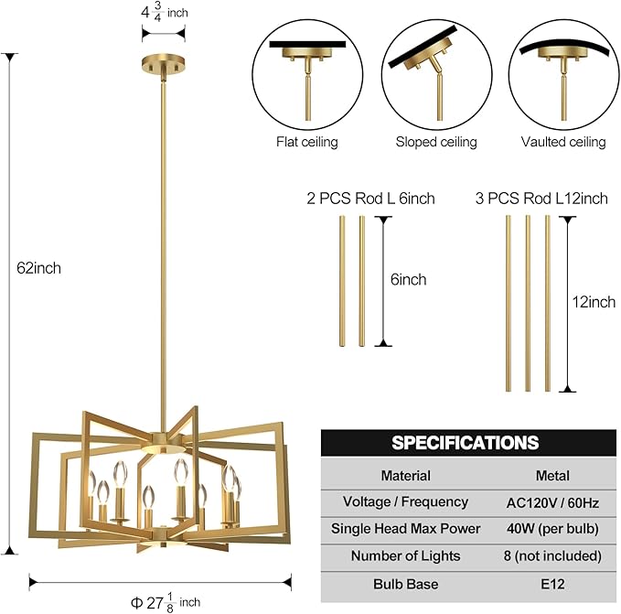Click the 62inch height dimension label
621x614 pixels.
(x=37, y=268)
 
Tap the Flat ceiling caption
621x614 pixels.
(x=306, y=142)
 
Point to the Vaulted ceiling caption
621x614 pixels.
(x=563, y=142)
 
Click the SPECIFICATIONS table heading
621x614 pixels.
(x=466, y=443)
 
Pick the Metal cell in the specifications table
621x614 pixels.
(x=552, y=476)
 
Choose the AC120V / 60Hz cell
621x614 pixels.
(x=552, y=502)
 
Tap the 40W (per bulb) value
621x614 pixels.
(x=552, y=529)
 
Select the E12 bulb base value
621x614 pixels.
(x=552, y=584)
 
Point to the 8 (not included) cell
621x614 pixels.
(x=552, y=556)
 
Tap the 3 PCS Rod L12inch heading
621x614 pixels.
(x=541, y=198)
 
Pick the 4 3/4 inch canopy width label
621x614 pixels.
(x=165, y=14)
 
